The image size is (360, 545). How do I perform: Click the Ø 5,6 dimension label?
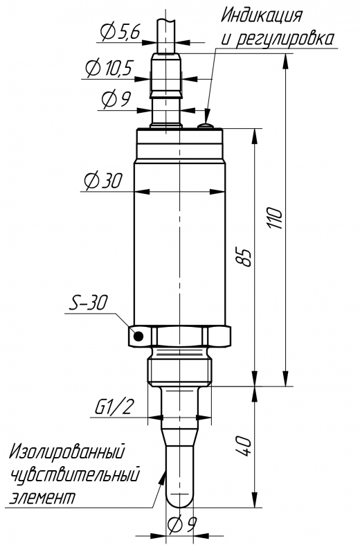click(120, 32)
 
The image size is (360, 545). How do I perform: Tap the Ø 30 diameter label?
click(104, 180)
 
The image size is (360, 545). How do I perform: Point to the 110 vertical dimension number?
click(277, 218)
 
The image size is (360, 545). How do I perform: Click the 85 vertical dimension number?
click(246, 257)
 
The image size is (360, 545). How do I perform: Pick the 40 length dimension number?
click(243, 446)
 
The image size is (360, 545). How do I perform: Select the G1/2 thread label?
click(114, 407)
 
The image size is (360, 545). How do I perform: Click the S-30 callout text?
click(88, 303)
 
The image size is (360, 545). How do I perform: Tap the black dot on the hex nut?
click(139, 336)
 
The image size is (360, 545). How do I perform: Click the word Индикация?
click(262, 16)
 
